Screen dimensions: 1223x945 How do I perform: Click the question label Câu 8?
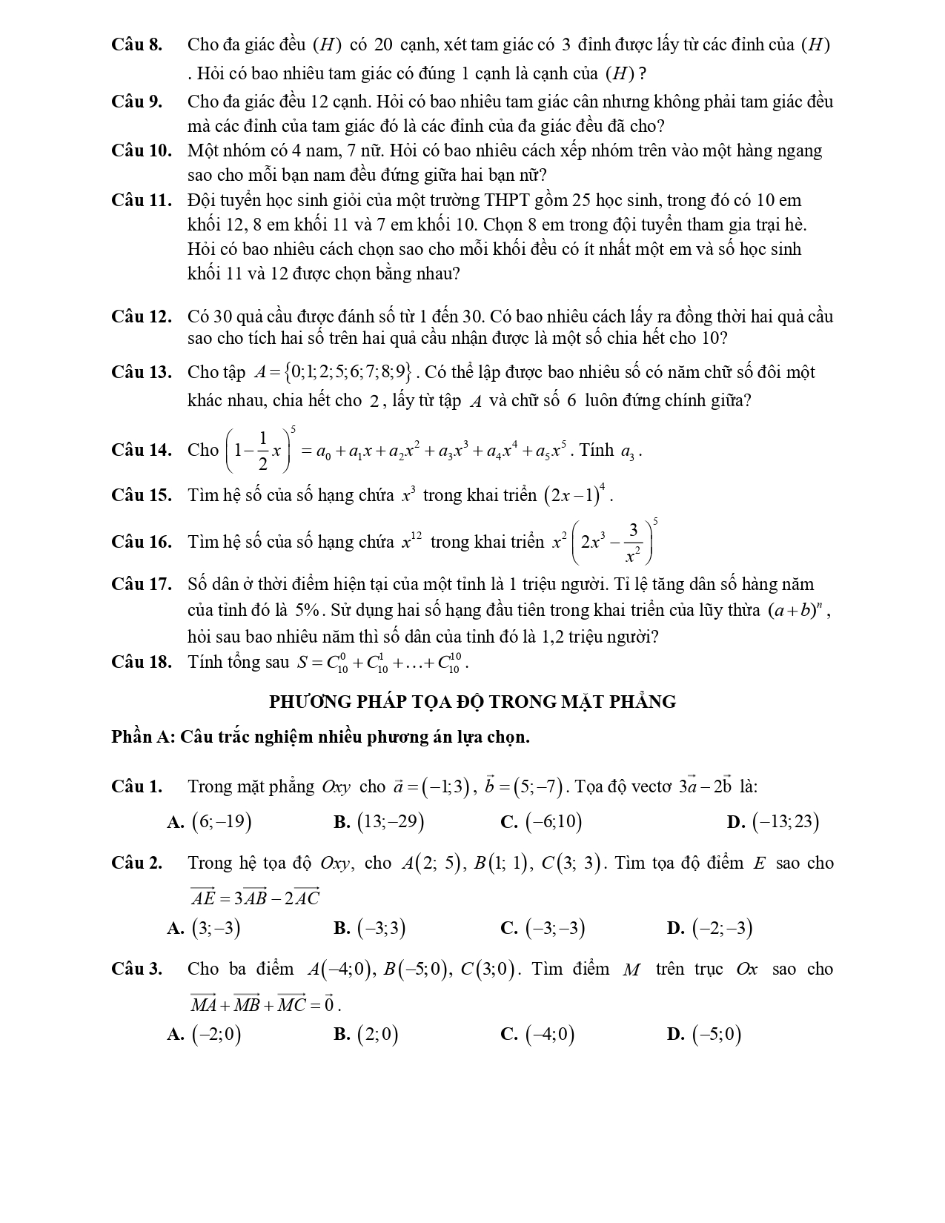point(136,44)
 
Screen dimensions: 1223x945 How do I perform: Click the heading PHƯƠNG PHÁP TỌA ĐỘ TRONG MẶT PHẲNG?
point(472,701)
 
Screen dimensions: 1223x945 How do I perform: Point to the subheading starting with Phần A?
point(320,737)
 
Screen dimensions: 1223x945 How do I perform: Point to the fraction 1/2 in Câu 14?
point(262,450)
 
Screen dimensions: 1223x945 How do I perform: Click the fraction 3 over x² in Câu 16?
point(633,543)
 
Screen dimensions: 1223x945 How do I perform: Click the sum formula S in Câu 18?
point(382,662)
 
